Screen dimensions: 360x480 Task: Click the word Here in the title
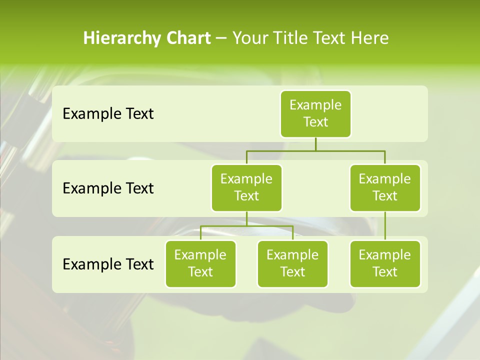[x=369, y=38]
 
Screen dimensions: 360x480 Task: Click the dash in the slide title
[x=221, y=39]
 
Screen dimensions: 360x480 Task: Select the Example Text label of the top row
[x=108, y=113]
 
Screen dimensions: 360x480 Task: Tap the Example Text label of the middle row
[x=108, y=188]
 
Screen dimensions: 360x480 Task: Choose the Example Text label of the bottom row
[x=108, y=264]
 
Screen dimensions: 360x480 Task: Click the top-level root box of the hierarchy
[x=315, y=113]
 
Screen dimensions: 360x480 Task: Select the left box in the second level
[x=246, y=187]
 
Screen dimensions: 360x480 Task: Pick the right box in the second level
[x=385, y=187]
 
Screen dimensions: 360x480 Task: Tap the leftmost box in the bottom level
[x=200, y=263]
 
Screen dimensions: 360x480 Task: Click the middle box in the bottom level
[x=292, y=263]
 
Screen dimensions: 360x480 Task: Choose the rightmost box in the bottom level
[x=385, y=263]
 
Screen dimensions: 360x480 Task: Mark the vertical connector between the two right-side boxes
[x=385, y=225]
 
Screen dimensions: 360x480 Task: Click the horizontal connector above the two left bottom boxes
[x=225, y=226]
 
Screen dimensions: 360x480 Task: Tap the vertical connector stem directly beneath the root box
[x=315, y=144]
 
